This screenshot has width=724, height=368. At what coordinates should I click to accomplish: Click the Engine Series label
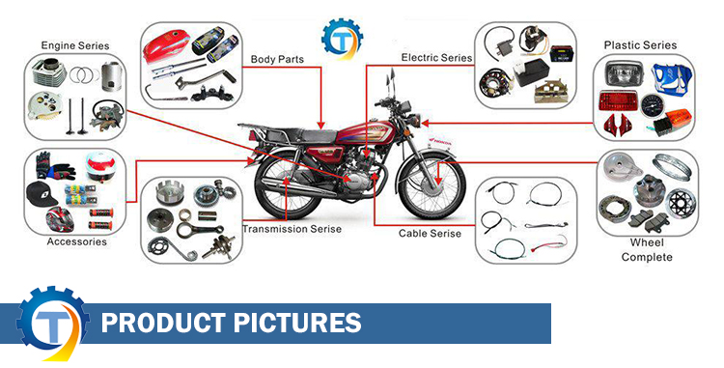(75, 45)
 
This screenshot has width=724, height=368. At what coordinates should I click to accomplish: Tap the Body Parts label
(277, 60)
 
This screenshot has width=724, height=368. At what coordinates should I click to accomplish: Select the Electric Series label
(436, 58)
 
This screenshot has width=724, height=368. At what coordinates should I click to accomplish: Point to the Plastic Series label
(640, 45)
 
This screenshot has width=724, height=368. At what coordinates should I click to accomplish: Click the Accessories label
(76, 241)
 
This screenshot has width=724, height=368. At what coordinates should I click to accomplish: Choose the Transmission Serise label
(292, 229)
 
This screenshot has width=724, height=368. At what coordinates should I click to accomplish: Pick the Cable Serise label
(430, 234)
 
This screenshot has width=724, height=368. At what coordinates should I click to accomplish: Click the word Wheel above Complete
(647, 242)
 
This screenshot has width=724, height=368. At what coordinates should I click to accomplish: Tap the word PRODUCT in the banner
(163, 323)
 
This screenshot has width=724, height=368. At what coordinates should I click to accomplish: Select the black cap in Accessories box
(42, 193)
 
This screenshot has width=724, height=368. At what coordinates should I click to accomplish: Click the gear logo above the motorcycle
(342, 40)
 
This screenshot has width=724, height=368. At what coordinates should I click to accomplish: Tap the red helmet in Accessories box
(60, 219)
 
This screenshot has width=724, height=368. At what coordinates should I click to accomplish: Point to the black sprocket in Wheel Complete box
(679, 204)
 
